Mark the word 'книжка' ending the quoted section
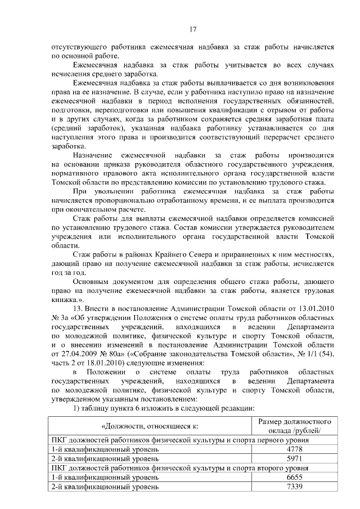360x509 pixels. pos(64,300)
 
